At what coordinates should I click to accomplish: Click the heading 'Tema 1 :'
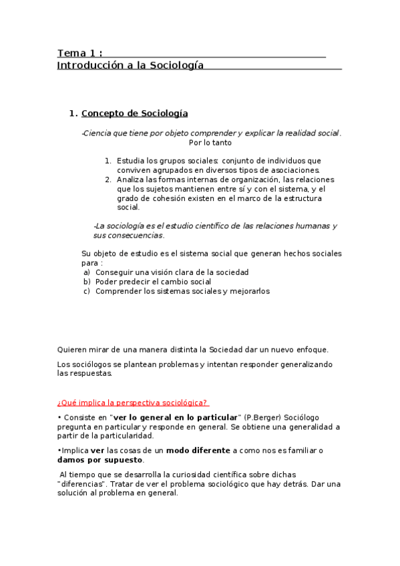click(79, 53)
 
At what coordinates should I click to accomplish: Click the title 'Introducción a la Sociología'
click(130, 65)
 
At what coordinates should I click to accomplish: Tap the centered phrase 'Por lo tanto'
click(210, 143)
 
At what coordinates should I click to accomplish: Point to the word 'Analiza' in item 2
click(130, 180)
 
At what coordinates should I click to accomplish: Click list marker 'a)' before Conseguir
click(87, 272)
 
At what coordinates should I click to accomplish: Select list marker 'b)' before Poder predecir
click(87, 282)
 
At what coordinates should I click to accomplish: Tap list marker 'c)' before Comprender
click(87, 291)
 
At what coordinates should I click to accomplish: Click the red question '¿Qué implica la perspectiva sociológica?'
click(132, 402)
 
